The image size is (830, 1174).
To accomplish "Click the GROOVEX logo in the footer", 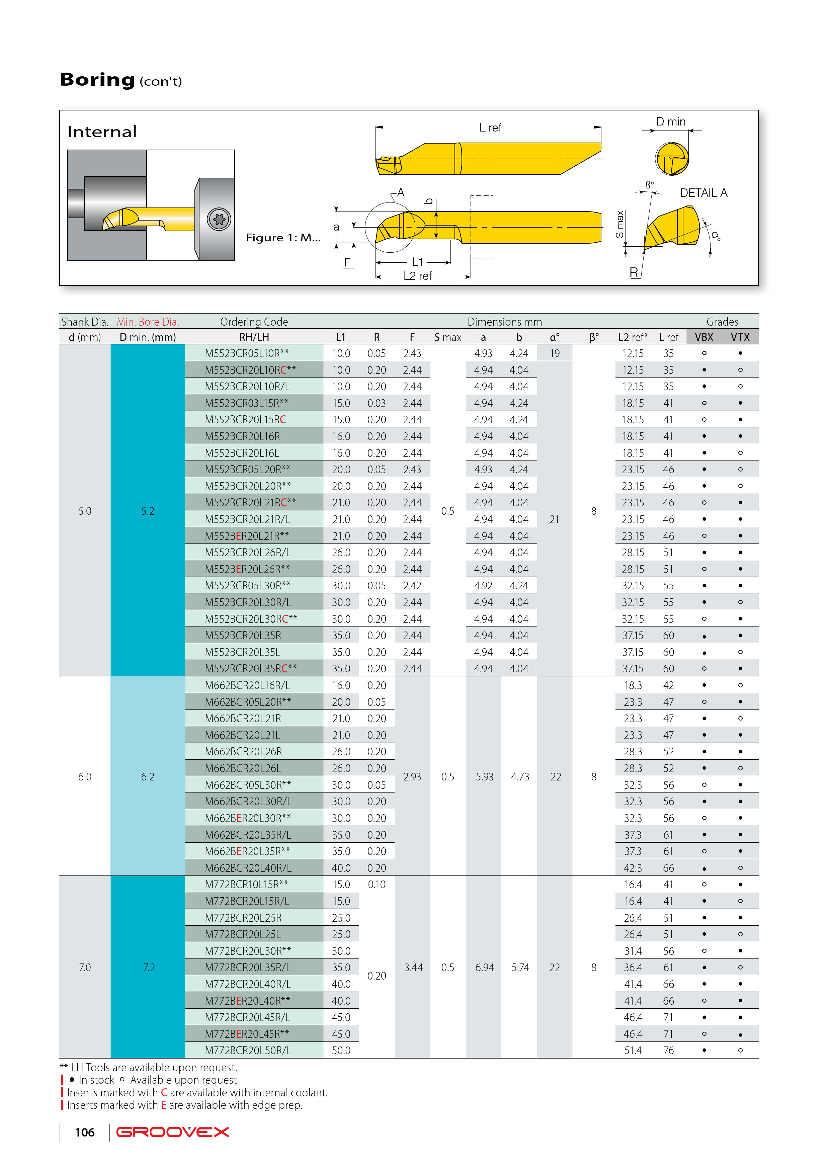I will click(x=172, y=1132).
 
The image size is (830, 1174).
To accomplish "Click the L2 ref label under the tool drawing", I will click(x=417, y=276).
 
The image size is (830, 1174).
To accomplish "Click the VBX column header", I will click(x=704, y=337).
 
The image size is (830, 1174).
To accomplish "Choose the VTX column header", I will click(x=740, y=337).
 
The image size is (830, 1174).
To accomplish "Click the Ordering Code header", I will click(x=254, y=322).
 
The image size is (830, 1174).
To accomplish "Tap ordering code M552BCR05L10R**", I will click(x=247, y=353).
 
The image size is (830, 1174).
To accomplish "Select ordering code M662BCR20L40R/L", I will click(x=248, y=868).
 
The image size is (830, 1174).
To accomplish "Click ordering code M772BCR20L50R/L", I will click(x=248, y=1050).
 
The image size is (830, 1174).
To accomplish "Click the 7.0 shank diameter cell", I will click(x=85, y=968).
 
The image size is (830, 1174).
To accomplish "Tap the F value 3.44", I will click(x=413, y=968).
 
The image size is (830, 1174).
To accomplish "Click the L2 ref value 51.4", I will click(x=633, y=1050).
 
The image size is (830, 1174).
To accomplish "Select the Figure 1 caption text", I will click(x=283, y=238).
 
